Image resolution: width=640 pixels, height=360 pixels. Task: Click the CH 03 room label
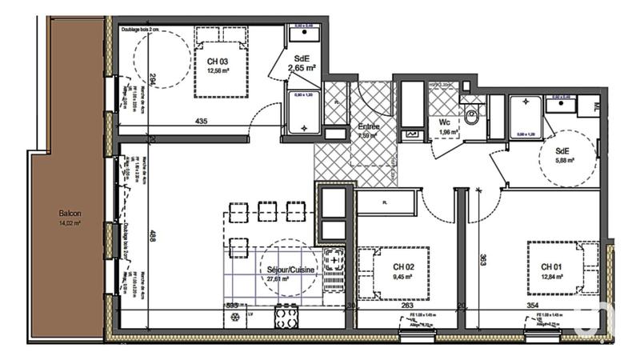[x=218, y=61]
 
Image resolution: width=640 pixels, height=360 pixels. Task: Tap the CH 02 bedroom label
[x=403, y=266]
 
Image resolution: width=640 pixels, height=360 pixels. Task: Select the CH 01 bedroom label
[x=552, y=266]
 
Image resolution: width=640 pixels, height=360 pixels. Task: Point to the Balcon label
[x=70, y=214]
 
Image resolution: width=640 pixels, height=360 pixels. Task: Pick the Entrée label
[x=369, y=126]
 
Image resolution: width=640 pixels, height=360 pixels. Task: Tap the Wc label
[x=443, y=122]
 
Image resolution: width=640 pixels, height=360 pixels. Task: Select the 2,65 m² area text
[x=302, y=69]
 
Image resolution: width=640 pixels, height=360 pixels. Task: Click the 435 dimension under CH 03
[x=201, y=122]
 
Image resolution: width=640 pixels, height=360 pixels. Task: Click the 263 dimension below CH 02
[x=406, y=305]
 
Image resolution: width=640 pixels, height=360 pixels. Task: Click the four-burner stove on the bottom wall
[x=286, y=317]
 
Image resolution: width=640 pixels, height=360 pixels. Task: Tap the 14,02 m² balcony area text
[x=70, y=224]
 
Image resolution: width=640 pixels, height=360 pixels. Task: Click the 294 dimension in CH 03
[x=152, y=81]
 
